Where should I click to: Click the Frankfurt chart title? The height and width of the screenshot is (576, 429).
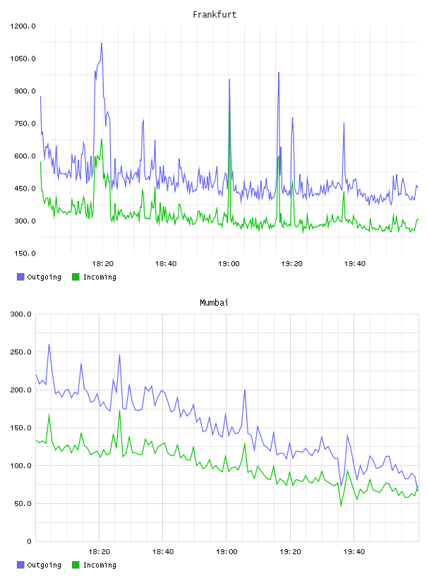point(214,15)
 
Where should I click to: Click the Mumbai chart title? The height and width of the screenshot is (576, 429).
point(214,303)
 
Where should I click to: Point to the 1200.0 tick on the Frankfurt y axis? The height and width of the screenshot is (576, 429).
point(23,26)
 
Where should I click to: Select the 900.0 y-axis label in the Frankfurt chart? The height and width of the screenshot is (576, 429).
point(25,91)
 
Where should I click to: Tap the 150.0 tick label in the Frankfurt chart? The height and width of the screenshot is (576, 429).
point(25,253)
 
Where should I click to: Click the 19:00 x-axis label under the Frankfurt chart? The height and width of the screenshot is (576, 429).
point(229,264)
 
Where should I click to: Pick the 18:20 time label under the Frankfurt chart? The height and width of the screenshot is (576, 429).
point(102,264)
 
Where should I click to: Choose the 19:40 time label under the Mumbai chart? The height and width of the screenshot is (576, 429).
point(354,552)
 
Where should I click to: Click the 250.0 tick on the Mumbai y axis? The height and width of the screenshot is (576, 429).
point(21,352)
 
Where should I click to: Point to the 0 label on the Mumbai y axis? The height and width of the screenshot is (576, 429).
point(29,541)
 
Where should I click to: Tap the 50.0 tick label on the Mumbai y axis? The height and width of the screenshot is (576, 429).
point(23,503)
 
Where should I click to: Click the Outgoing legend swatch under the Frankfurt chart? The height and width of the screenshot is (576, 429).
point(20,277)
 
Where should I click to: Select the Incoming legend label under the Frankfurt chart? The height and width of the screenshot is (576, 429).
point(99,277)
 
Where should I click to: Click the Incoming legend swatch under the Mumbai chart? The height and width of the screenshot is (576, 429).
point(75,565)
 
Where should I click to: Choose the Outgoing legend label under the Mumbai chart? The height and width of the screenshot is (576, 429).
point(44,565)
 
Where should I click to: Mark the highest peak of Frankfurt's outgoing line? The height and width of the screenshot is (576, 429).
point(102,43)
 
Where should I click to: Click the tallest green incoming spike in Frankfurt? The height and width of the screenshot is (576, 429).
point(229,106)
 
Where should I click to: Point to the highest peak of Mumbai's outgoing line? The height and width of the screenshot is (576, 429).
point(49,344)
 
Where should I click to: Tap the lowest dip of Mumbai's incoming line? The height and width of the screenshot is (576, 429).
point(341,506)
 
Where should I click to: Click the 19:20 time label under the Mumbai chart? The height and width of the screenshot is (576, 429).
point(290,552)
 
